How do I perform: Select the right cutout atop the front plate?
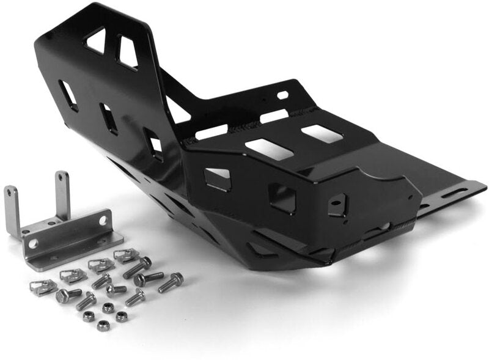127,53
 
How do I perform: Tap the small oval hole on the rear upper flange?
282,95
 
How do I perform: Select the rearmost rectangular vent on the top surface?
322,133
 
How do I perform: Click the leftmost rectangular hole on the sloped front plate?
68,95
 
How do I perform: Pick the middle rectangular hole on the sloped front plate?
109,119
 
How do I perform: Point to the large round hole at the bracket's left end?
34,243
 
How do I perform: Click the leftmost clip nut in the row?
43,287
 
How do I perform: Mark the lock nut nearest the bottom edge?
103,326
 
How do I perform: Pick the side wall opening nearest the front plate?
218,178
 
